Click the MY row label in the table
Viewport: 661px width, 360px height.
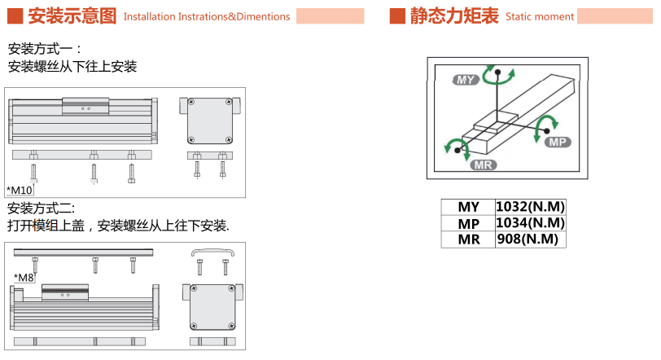468,207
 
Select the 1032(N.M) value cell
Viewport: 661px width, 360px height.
530,207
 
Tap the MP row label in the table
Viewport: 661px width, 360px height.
468,223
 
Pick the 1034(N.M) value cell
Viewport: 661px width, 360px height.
530,223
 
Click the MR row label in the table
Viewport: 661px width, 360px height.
468,239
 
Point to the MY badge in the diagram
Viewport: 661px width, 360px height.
466,79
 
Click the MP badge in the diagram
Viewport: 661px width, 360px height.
558,142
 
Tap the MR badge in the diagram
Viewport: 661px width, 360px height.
484,165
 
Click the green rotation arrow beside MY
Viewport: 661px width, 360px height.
498,75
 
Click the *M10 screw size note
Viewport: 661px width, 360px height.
20,190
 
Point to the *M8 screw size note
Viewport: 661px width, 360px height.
24,278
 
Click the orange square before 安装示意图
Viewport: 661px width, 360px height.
14,15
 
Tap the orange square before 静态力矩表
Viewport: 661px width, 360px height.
397,15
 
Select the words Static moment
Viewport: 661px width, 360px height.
539,16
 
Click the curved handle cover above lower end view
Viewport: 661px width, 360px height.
212,253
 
